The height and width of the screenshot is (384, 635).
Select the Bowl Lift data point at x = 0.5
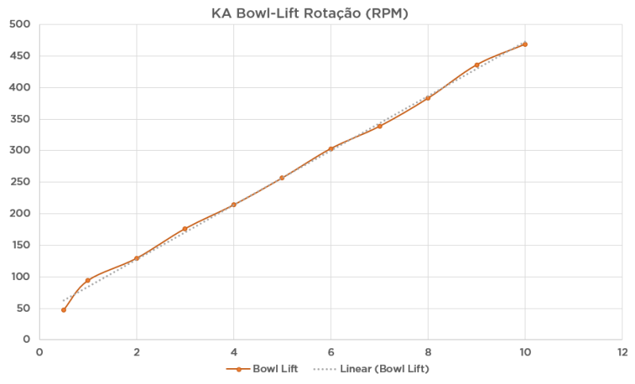63,309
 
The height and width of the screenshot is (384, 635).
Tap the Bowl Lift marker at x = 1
87,280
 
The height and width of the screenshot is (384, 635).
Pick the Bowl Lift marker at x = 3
185,228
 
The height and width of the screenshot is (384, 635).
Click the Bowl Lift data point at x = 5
282,178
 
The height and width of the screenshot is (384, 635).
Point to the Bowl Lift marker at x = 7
379,126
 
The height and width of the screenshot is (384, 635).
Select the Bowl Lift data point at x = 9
476,65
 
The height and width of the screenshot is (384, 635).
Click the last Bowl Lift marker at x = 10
525,44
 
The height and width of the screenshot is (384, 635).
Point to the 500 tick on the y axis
19,25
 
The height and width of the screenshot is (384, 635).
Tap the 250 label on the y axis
19,182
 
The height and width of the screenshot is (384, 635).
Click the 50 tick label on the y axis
22,308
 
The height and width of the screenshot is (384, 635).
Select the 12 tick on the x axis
622,351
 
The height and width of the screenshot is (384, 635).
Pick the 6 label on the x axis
331,351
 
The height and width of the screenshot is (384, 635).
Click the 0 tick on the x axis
40,351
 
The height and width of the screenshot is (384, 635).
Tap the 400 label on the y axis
19,87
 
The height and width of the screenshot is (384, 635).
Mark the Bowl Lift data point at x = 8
428,98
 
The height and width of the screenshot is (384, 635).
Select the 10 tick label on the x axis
525,351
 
